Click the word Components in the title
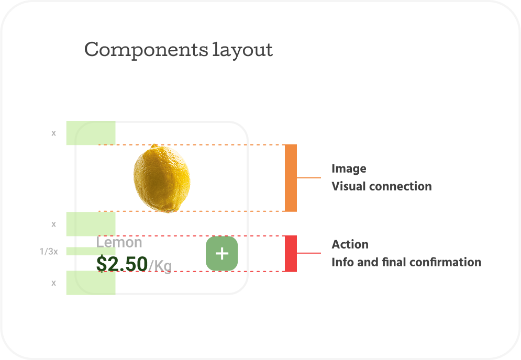[146, 50]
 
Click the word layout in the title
[242, 50]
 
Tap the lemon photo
[162, 178]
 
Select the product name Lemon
[119, 242]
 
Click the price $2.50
[122, 264]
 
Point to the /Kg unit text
[160, 266]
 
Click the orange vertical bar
[291, 178]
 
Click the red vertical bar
[291, 254]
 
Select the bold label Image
[349, 168]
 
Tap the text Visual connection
[382, 186]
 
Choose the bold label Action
[350, 244]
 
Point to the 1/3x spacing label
[49, 251]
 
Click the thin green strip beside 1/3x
[91, 251]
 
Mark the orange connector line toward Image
[309, 178]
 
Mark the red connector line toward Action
[309, 253]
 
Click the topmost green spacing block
[91, 133]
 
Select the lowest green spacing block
[91, 283]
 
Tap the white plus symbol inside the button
[222, 254]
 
